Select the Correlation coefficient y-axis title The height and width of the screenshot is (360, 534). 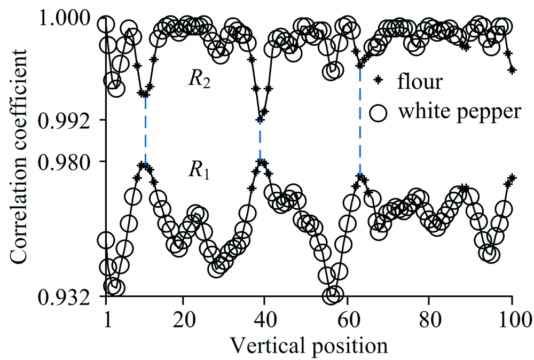pos(19,155)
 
